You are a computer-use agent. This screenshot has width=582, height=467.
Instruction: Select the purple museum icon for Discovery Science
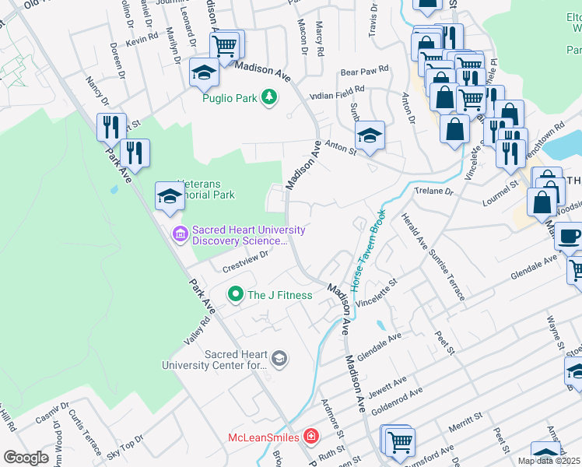(x=181, y=233)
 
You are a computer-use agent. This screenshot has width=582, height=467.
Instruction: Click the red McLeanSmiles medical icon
(x=311, y=437)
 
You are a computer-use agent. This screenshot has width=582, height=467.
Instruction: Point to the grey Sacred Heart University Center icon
(x=279, y=358)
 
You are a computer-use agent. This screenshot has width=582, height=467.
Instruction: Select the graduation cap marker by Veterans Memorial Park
(x=169, y=195)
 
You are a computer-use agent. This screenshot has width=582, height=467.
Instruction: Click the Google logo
(x=27, y=457)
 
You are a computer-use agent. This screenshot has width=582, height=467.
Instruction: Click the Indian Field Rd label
(x=337, y=92)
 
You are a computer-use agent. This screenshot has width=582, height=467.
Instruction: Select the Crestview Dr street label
(x=245, y=261)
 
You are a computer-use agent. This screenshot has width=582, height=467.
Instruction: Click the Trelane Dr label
(x=434, y=191)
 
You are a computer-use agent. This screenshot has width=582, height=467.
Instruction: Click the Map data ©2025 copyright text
(x=548, y=461)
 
